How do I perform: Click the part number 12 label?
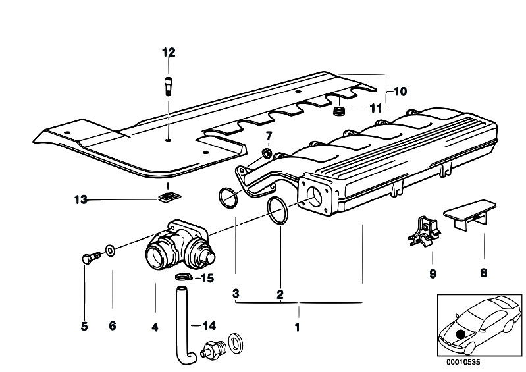[x=169, y=53]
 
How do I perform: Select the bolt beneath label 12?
[x=168, y=85]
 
